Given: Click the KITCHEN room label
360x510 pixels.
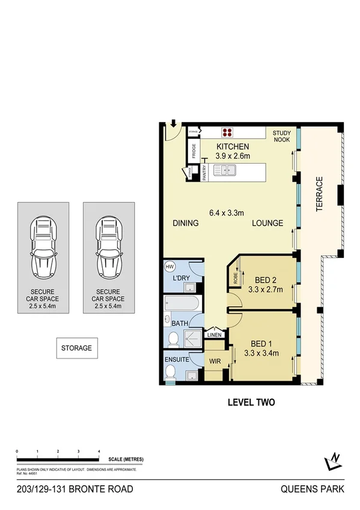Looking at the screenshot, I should pyautogui.click(x=233, y=147).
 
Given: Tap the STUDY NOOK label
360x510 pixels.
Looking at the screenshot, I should pyautogui.click(x=281, y=137).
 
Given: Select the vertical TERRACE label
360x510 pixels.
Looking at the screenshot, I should pyautogui.click(x=320, y=194).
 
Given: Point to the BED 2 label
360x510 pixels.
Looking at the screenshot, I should pyautogui.click(x=265, y=280).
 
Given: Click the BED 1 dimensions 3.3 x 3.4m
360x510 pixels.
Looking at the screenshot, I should pyautogui.click(x=262, y=353).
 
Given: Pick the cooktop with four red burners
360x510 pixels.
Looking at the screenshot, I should pyautogui.click(x=228, y=134).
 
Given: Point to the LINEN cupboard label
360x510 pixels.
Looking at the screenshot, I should pyautogui.click(x=214, y=336).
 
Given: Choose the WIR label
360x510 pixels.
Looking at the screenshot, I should pyautogui.click(x=215, y=361).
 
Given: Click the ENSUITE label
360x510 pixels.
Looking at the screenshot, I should pyautogui.click(x=177, y=360).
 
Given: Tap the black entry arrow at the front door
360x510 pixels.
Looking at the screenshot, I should pyautogui.click(x=173, y=124).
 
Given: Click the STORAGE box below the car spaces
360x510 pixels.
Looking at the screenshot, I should pyautogui.click(x=77, y=348).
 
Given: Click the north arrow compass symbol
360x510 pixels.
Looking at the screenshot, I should pyautogui.click(x=332, y=461).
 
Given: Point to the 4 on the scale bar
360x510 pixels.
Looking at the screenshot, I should pyautogui.click(x=99, y=450).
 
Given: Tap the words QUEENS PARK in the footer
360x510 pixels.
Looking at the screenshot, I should pyautogui.click(x=313, y=490).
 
